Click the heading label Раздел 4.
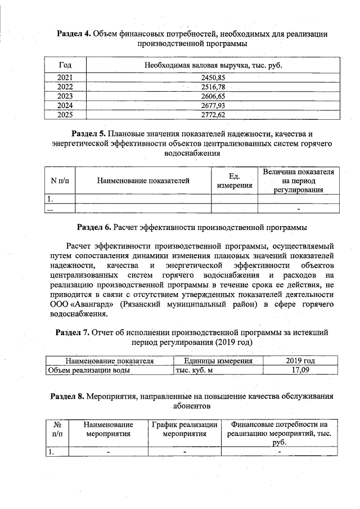(x=75, y=35)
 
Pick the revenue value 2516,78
(x=213, y=87)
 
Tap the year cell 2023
(x=66, y=96)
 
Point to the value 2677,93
(x=213, y=106)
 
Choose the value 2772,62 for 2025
(x=213, y=115)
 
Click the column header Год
(x=66, y=65)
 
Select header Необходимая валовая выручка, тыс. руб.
(x=213, y=65)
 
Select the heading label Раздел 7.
(x=71, y=332)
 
